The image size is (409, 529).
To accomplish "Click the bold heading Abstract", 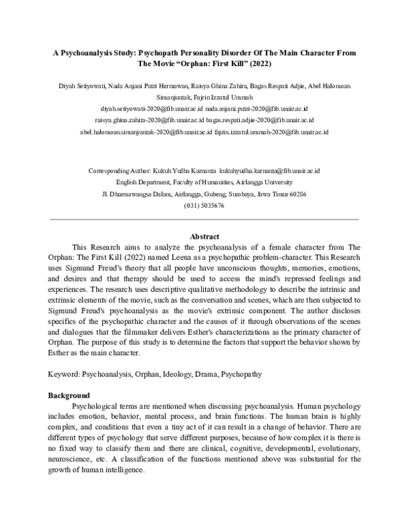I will point(204,236).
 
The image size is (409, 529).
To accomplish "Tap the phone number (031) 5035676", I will point(204,205).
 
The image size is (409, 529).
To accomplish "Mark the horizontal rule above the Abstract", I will point(204,220).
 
